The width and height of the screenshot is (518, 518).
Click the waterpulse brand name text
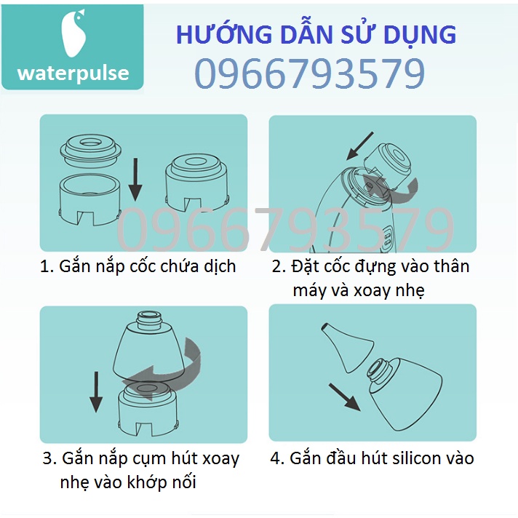coord(73,73)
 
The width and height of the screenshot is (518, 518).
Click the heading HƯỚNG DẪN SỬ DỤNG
coord(316,34)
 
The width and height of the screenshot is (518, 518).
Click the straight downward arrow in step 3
coord(95,393)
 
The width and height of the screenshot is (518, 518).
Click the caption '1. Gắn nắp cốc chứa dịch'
coord(138,266)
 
